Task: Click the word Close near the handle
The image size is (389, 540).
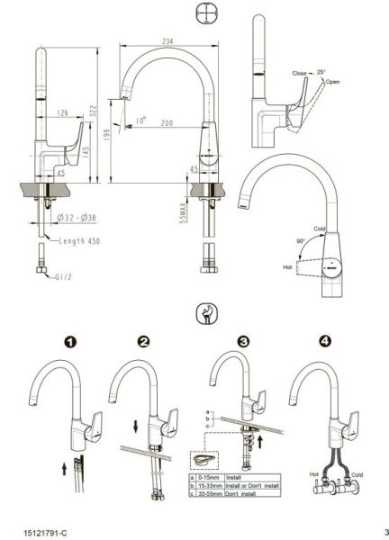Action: (299, 73)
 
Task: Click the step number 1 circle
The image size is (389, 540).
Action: (68, 343)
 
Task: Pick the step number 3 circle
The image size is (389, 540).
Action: (242, 343)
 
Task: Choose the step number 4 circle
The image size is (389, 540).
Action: (325, 343)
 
